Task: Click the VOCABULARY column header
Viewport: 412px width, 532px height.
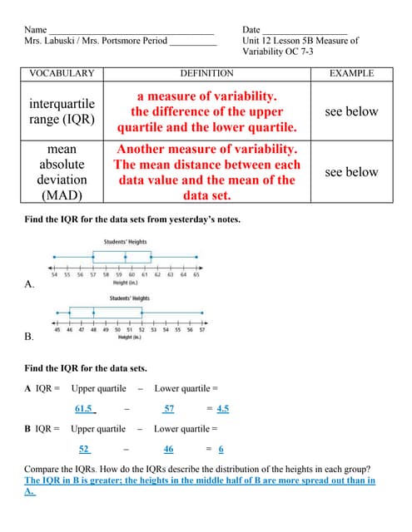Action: tap(62, 73)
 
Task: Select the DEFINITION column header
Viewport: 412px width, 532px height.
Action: tap(207, 73)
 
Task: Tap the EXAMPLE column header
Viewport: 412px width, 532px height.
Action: tap(351, 73)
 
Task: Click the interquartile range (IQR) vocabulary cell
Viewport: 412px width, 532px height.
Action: tap(62, 111)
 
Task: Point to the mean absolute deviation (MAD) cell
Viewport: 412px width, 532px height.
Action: tap(62, 172)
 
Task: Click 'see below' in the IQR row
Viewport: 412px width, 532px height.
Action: tap(351, 111)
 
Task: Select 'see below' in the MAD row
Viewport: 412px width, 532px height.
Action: tap(351, 172)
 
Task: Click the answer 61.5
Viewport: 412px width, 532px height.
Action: tap(84, 408)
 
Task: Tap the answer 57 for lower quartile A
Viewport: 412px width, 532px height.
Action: tap(169, 408)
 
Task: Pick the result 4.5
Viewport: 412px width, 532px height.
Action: tap(222, 408)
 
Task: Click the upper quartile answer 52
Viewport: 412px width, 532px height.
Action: tap(84, 449)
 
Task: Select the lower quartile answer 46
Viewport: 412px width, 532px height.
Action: tap(168, 449)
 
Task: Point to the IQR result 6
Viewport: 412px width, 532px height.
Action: tap(221, 449)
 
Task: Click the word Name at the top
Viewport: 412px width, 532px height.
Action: tap(36, 29)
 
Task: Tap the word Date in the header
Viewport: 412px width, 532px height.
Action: tap(252, 29)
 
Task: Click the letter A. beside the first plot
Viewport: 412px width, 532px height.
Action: tap(30, 284)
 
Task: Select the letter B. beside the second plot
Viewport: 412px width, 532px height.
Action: tap(30, 337)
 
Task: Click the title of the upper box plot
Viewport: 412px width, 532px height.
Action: tap(126, 242)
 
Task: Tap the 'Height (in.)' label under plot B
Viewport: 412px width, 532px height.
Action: tap(129, 337)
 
